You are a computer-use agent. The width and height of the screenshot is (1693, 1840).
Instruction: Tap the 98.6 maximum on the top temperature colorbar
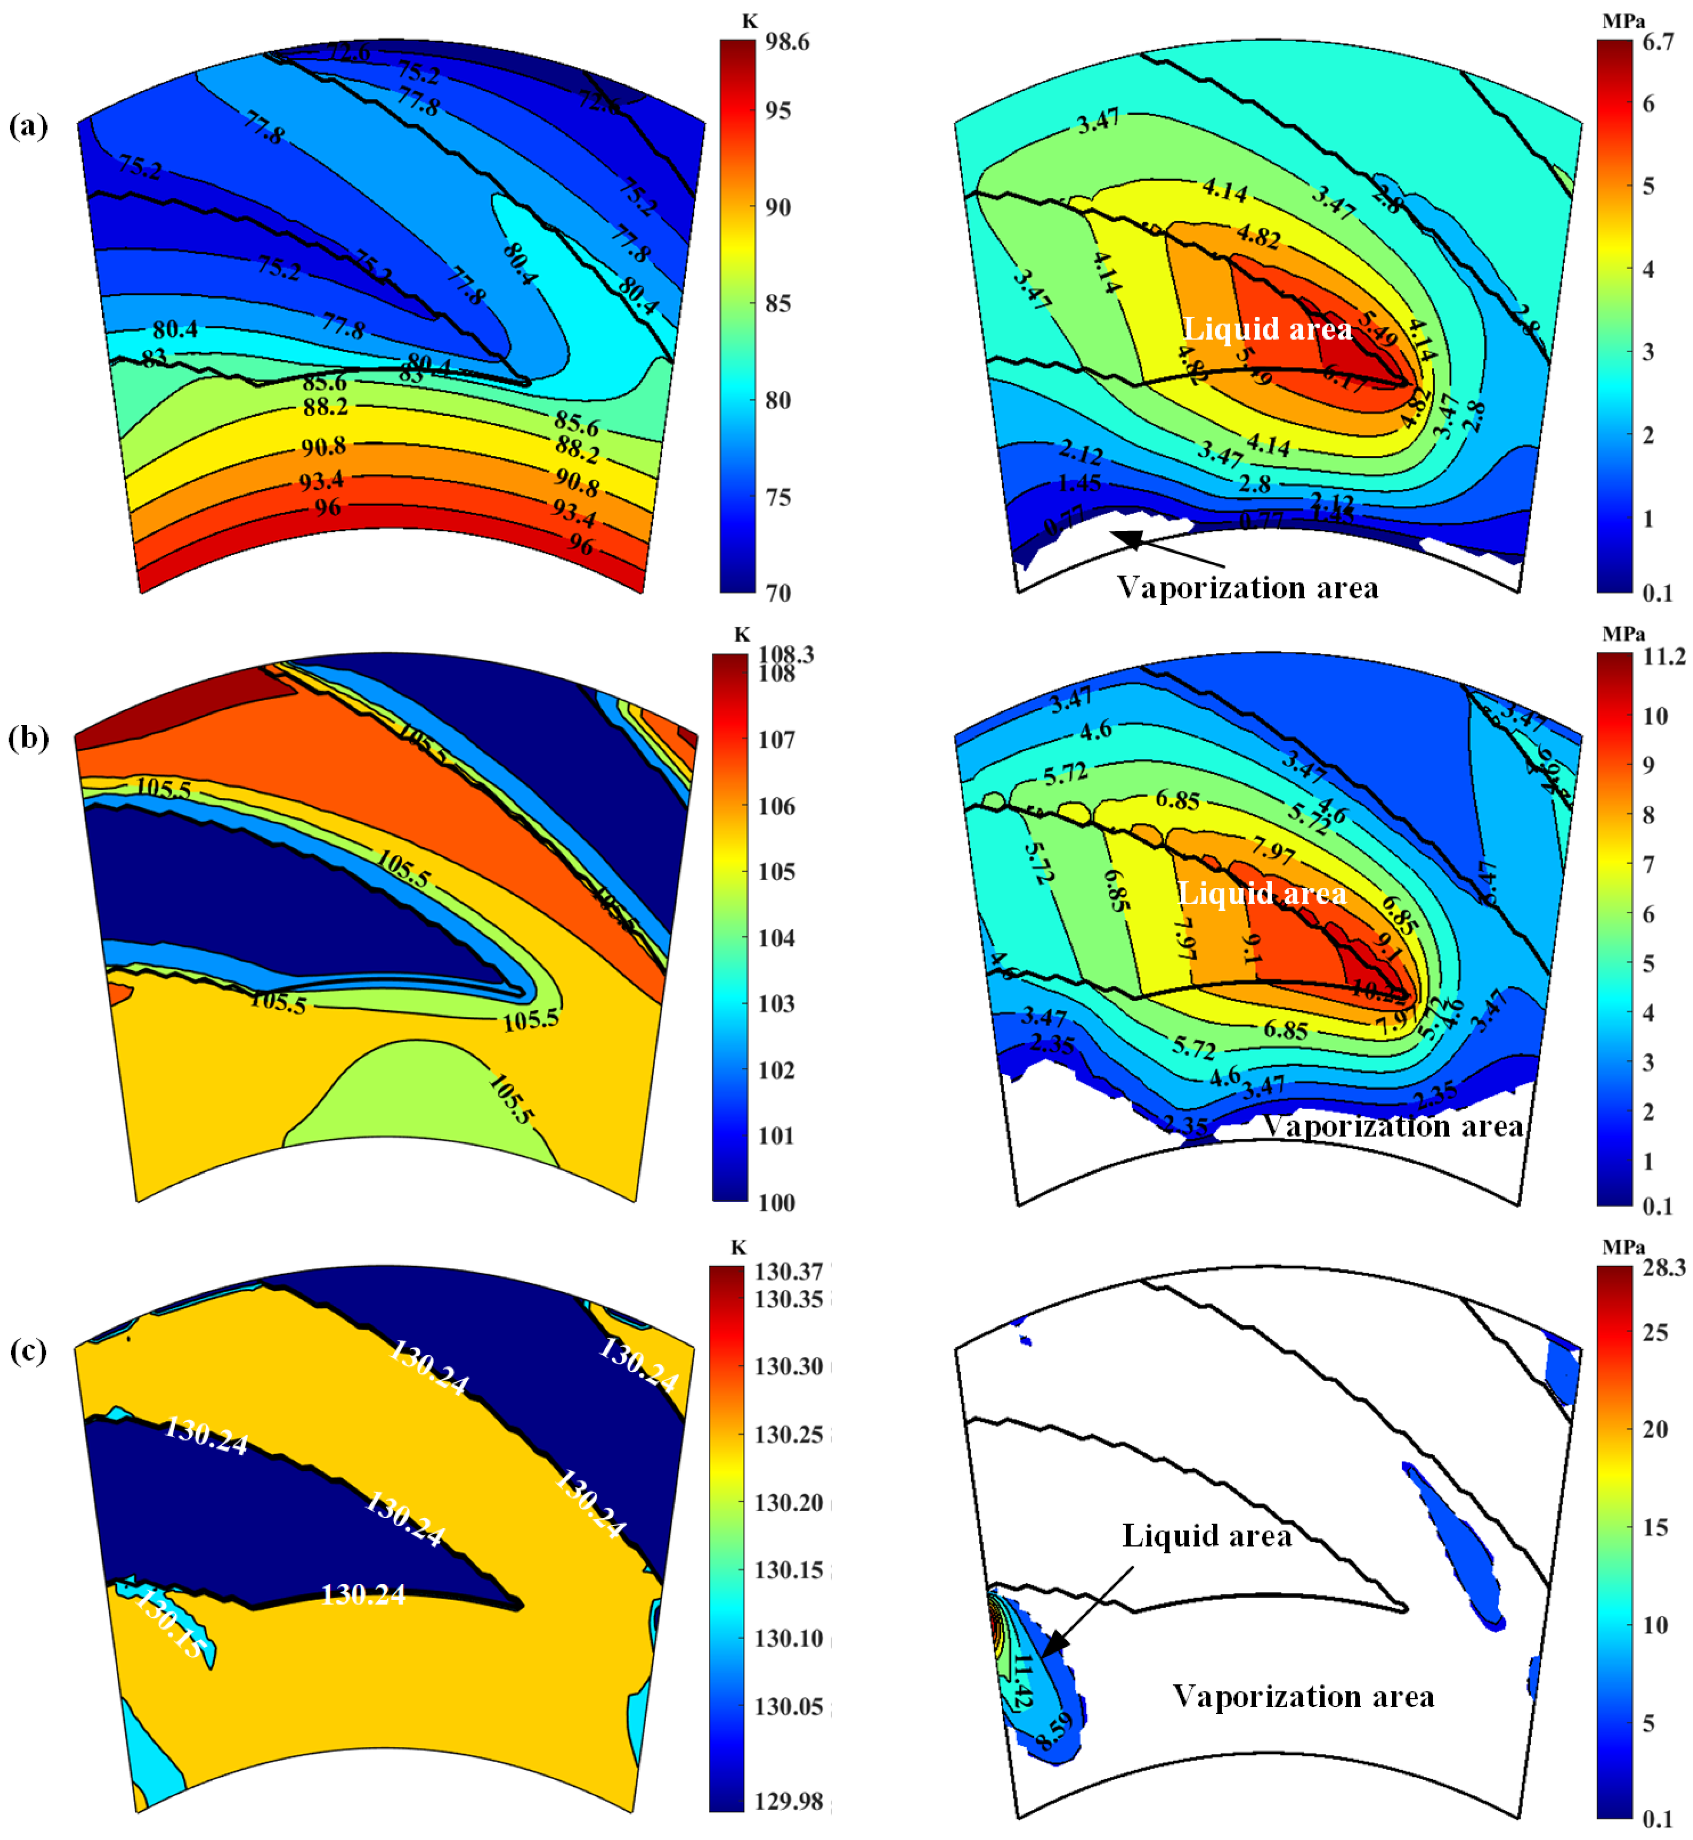(787, 42)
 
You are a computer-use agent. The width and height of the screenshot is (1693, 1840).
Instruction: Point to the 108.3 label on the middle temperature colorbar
(786, 654)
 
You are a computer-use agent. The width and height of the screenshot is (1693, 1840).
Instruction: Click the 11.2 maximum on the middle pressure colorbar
(1664, 656)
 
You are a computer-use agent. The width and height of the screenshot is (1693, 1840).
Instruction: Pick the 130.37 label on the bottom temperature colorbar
(789, 1271)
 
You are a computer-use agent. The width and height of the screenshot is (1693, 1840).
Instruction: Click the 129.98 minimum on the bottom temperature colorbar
(789, 1801)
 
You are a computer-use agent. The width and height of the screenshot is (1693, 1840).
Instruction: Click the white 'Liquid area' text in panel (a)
(1267, 329)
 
